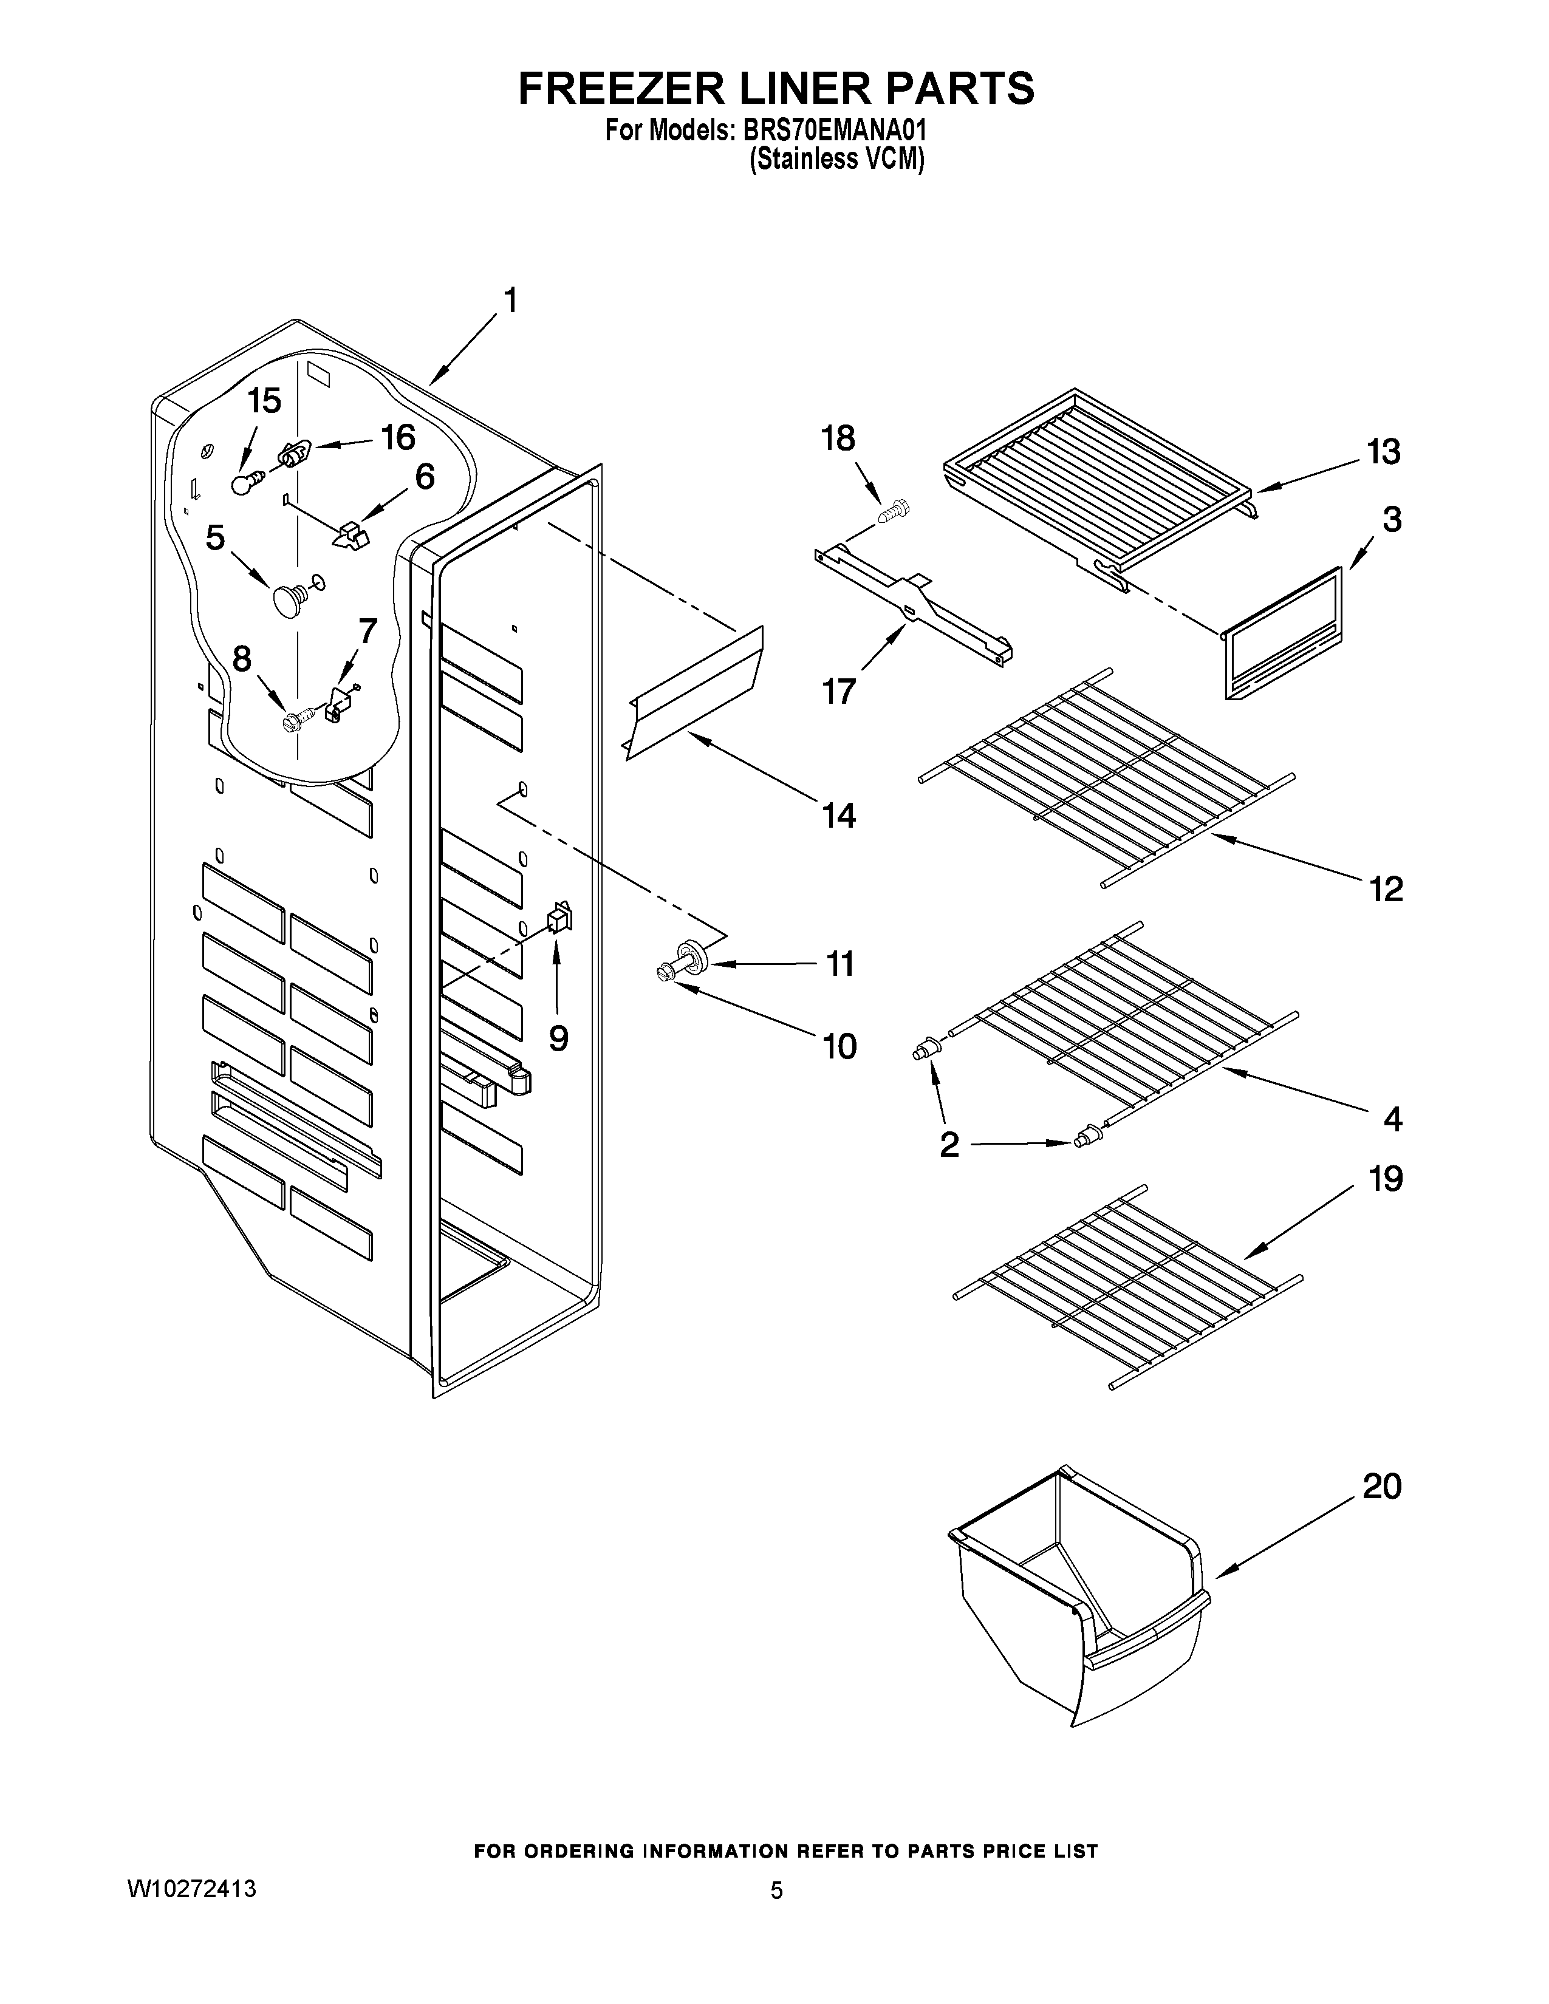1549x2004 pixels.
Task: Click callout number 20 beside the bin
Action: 1382,1487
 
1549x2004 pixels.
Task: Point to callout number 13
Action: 1383,452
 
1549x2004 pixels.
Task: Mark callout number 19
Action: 1386,1178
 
